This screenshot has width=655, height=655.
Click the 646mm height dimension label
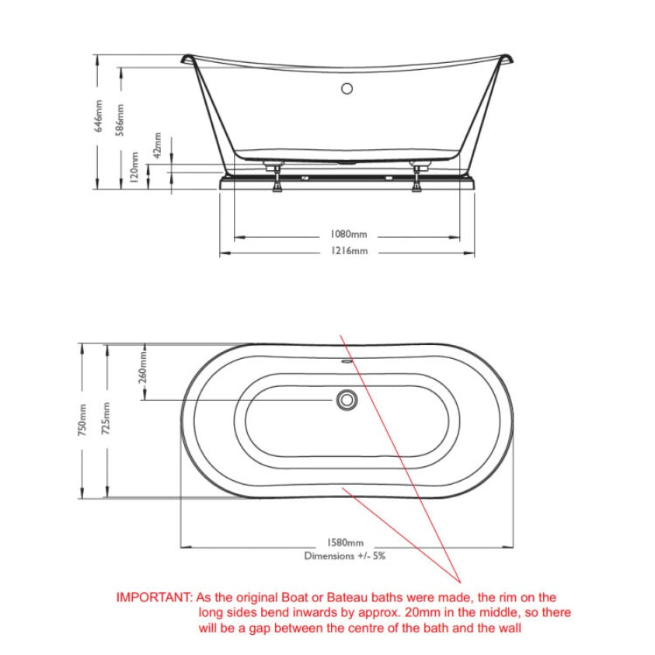click(x=99, y=116)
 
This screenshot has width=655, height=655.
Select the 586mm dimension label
click(x=120, y=120)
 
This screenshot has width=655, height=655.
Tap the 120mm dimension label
click(x=134, y=167)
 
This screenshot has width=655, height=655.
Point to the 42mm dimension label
click(x=158, y=145)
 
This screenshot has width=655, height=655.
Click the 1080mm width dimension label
click(x=349, y=234)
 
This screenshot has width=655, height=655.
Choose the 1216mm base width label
click(x=349, y=251)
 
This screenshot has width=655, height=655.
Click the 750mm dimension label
click(x=82, y=420)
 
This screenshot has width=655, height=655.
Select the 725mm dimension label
click(x=106, y=419)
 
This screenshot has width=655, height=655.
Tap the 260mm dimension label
click(x=143, y=368)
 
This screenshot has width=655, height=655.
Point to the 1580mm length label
click(x=345, y=542)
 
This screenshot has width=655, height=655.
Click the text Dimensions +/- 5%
click(x=345, y=556)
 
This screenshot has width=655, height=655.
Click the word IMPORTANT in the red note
click(x=154, y=598)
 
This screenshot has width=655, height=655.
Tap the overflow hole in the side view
click(x=347, y=89)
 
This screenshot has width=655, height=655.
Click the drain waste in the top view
click(x=347, y=400)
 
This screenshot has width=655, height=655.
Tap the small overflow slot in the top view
click(x=347, y=362)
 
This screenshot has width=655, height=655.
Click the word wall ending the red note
click(x=509, y=629)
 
